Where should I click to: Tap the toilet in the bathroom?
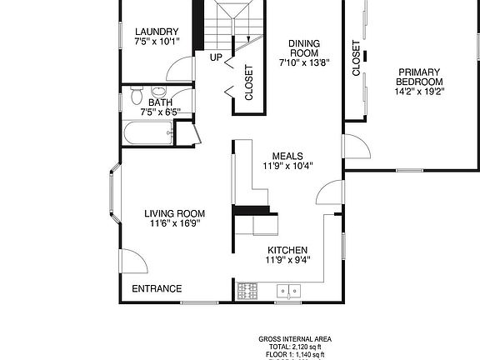137,97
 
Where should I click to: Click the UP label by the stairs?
216,57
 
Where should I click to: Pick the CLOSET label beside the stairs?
248,82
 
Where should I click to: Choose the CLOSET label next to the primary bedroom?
356,58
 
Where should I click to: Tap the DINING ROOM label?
305,48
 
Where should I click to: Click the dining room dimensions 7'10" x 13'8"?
305,62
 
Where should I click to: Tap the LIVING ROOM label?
175,213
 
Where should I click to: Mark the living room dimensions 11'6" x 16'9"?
175,223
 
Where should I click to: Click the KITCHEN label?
287,250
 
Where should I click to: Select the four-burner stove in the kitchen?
247,291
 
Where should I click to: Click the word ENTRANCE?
157,289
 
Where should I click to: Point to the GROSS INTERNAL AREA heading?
295,338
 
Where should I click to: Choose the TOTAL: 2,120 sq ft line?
295,347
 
